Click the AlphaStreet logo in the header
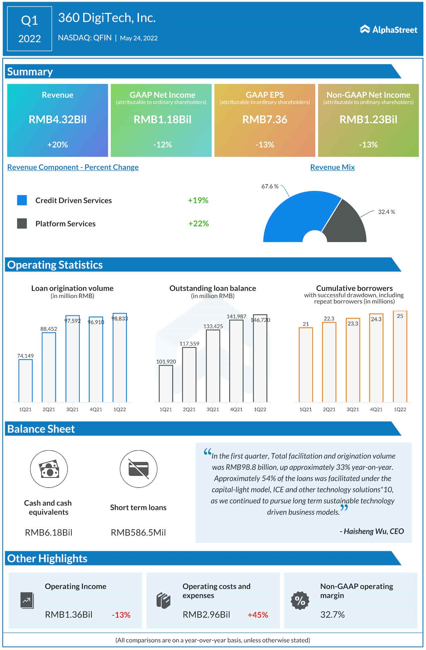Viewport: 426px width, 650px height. pyautogui.click(x=388, y=30)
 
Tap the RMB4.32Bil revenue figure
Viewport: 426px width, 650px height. pyautogui.click(x=58, y=119)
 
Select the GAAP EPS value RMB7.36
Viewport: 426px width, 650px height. pyautogui.click(x=265, y=119)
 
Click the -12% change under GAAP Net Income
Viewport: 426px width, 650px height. pyautogui.click(x=162, y=145)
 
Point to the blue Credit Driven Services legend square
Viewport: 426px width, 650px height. pyautogui.click(x=22, y=200)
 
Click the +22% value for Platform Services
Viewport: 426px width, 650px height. pyautogui.click(x=198, y=224)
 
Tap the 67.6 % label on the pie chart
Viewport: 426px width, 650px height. pyautogui.click(x=270, y=186)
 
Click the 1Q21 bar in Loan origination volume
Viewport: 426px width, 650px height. pyautogui.click(x=25, y=381)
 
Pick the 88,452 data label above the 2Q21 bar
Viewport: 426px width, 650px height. pyautogui.click(x=49, y=329)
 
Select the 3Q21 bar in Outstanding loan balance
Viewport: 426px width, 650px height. pyautogui.click(x=213, y=366)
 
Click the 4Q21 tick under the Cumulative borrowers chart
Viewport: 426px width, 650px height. pyautogui.click(x=376, y=409)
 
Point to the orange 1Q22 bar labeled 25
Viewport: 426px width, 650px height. pyautogui.click(x=400, y=358)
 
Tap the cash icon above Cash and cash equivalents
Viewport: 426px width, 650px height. pyautogui.click(x=49, y=469)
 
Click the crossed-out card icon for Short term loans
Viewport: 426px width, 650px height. pyautogui.click(x=138, y=469)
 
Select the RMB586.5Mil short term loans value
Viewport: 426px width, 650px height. pyautogui.click(x=138, y=532)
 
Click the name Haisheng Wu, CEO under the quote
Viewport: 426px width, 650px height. pyautogui.click(x=372, y=531)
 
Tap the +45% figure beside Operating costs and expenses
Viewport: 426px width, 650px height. pyautogui.click(x=258, y=615)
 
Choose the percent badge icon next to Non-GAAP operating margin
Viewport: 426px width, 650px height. pyautogui.click(x=300, y=601)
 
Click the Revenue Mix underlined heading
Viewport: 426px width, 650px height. pyautogui.click(x=332, y=167)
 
